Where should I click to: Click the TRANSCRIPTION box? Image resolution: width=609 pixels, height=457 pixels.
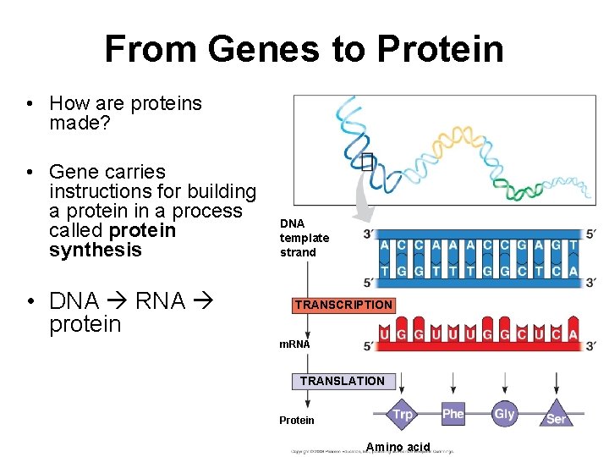(343, 305)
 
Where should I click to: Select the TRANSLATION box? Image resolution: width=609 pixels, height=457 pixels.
(342, 381)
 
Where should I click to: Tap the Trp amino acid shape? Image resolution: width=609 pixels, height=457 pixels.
(403, 415)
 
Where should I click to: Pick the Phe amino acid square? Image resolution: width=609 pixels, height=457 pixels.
(453, 414)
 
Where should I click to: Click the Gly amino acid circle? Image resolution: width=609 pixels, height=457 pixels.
(504, 414)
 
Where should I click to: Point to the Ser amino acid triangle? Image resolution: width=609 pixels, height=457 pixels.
(556, 417)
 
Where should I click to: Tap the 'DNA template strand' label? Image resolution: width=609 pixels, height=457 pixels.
(304, 238)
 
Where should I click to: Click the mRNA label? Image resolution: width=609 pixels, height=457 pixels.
(295, 344)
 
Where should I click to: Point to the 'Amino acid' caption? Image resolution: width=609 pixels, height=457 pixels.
(398, 447)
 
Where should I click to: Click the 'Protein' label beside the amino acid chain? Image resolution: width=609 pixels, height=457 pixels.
(296, 421)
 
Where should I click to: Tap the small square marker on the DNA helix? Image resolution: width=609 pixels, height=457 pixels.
(366, 162)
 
